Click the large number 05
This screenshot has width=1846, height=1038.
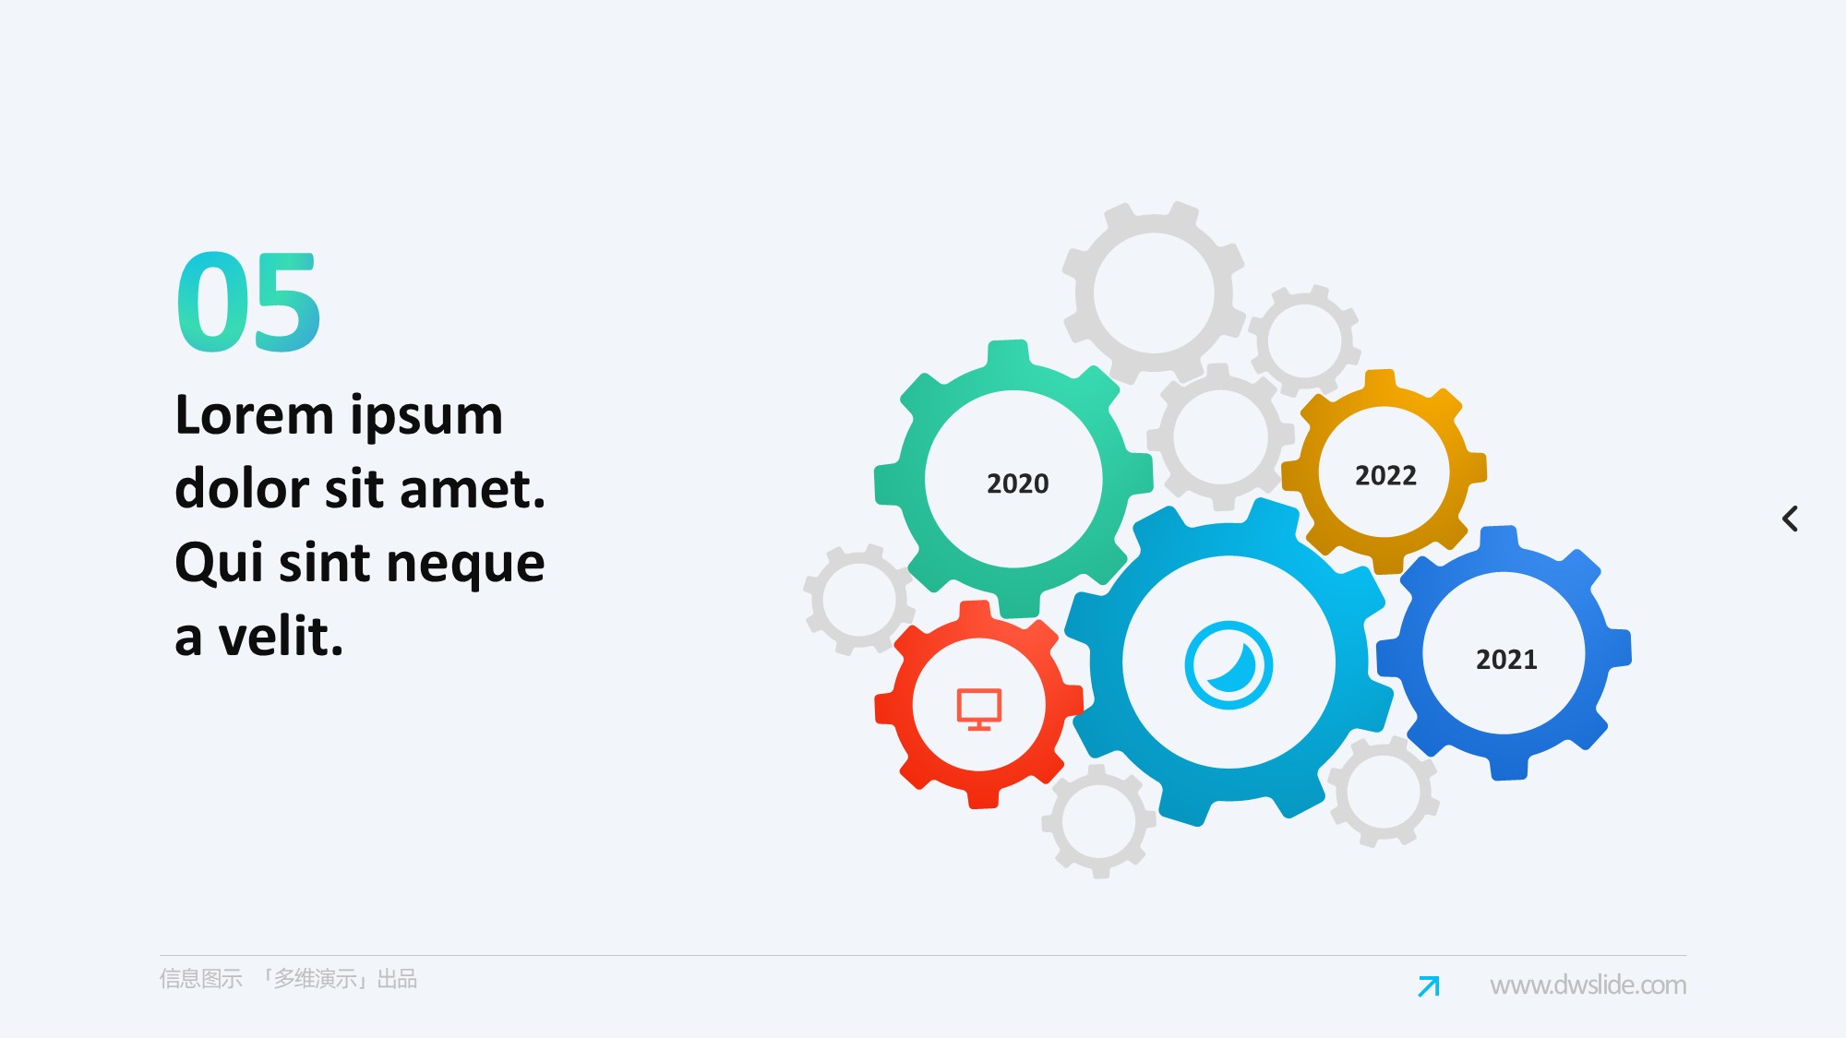tap(248, 302)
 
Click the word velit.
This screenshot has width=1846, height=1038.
tap(281, 636)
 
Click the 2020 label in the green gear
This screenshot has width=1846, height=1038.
tap(1017, 483)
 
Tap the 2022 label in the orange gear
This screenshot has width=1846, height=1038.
tap(1385, 475)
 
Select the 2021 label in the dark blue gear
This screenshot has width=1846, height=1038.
tap(1506, 660)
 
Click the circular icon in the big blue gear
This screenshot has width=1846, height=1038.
tap(1229, 664)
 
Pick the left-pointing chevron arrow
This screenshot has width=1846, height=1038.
tap(1790, 519)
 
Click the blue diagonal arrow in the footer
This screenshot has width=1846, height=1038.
tap(1429, 986)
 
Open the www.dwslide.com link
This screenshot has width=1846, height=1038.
tap(1588, 985)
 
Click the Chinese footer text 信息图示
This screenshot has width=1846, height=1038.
tap(200, 979)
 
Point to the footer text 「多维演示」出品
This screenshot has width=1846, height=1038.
tap(339, 979)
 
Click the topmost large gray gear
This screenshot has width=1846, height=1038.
tap(1154, 293)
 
